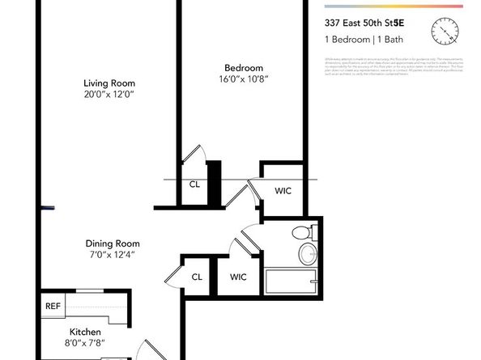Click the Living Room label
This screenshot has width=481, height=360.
click(109, 83)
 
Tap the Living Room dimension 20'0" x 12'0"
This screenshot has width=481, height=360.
click(109, 94)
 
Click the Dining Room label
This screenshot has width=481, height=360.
click(113, 244)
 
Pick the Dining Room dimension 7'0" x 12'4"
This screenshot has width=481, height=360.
click(113, 255)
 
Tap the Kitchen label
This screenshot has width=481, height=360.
click(85, 332)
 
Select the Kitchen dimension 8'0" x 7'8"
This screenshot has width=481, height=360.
click(85, 344)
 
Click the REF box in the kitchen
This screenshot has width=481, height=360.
click(53, 307)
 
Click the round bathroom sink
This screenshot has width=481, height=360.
click(308, 255)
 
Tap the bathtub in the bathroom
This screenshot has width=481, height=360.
click(292, 283)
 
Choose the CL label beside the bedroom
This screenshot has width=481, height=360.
click(194, 184)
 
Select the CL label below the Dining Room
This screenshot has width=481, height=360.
click(197, 277)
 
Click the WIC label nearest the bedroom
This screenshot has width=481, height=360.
click(283, 191)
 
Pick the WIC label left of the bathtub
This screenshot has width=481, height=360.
click(238, 277)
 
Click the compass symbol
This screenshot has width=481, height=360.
click(446, 32)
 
